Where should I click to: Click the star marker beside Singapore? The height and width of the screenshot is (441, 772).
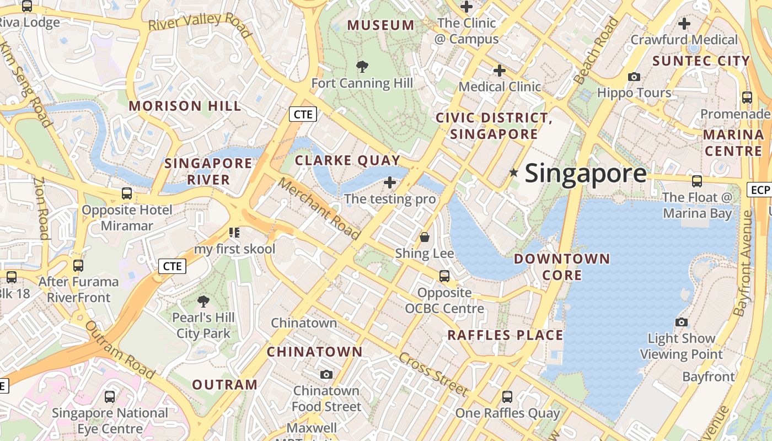tap(513, 173)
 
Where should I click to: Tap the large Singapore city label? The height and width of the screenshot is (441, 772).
tap(585, 174)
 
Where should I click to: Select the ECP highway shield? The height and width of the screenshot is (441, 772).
tap(759, 190)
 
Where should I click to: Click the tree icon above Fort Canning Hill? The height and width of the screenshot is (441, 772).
tap(362, 67)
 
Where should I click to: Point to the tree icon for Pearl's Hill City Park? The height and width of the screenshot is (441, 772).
tap(203, 301)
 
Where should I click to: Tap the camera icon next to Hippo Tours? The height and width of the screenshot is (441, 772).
tap(634, 77)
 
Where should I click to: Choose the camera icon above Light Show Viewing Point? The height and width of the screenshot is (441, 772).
tap(682, 322)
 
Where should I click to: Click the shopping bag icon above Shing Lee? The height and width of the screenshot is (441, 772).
tap(425, 237)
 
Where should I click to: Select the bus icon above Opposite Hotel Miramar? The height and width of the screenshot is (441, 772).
tap(127, 193)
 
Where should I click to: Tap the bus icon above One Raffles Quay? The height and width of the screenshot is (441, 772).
tap(507, 396)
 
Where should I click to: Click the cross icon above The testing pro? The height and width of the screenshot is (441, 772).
tap(390, 182)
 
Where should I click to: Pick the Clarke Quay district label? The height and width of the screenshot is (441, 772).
tap(347, 160)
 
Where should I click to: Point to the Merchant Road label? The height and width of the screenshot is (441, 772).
tap(319, 208)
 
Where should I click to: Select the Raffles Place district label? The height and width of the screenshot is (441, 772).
tap(505, 335)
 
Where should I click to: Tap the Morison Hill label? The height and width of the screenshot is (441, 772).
tap(185, 106)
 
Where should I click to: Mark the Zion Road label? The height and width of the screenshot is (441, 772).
tap(41, 208)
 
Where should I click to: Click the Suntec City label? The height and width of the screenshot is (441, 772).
tap(701, 61)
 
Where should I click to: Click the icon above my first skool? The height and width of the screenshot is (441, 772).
tap(234, 233)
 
